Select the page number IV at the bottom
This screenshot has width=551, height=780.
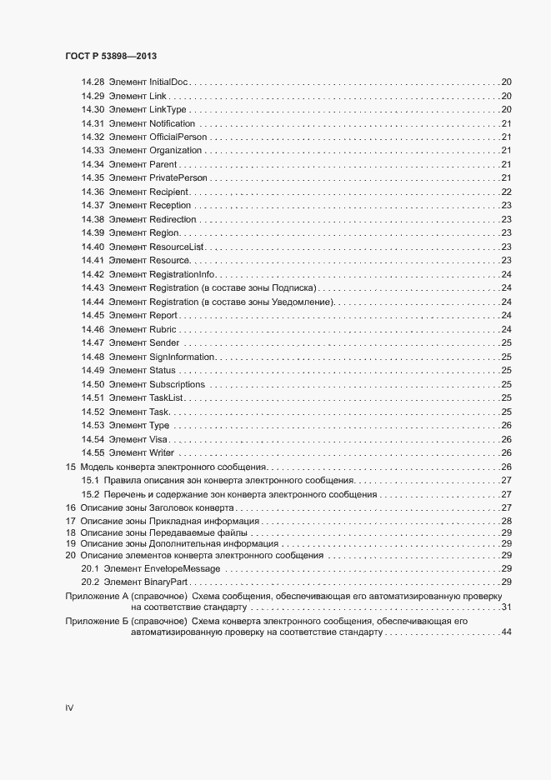[x=69, y=707]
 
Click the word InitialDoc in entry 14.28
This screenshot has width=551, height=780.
[x=169, y=82]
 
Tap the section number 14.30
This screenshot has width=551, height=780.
[x=93, y=110]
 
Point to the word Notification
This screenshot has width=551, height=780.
[x=173, y=123]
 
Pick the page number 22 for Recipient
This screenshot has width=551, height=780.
[x=505, y=192]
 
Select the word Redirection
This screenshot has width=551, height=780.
[x=173, y=219]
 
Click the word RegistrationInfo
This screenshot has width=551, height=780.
[x=183, y=274]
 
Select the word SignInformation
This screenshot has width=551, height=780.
[x=183, y=357]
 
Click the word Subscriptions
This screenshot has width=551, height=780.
[x=177, y=384]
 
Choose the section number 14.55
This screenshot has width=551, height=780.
[x=93, y=452]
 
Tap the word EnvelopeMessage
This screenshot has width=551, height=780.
[x=183, y=568]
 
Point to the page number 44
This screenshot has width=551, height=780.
[x=505, y=634]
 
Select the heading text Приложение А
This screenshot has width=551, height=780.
[x=95, y=597]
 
